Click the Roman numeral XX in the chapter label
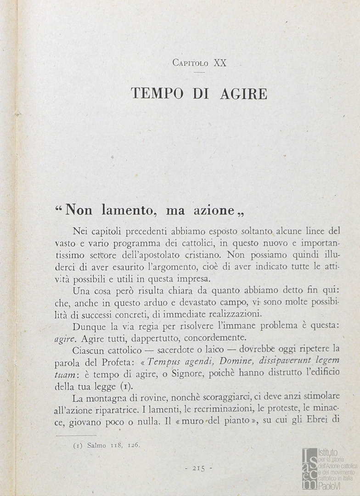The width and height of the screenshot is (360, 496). click(220, 63)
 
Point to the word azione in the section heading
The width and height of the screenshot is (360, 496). click(211, 210)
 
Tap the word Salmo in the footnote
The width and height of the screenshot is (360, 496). click(96, 445)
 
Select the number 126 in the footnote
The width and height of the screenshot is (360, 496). click(134, 445)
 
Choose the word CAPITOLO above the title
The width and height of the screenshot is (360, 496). click(190, 63)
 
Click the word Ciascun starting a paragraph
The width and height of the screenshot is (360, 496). click(89, 350)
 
